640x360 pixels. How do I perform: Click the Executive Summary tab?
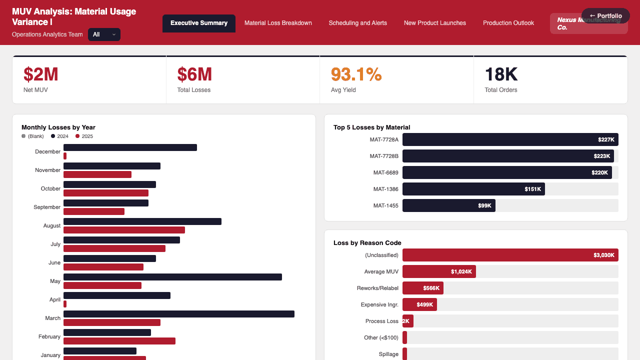(x=198, y=23)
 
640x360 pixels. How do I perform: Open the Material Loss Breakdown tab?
(x=278, y=23)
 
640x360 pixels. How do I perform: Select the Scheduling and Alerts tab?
(x=357, y=23)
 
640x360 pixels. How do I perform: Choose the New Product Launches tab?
(x=434, y=23)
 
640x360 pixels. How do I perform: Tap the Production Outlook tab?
(x=508, y=23)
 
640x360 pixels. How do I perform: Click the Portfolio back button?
(x=605, y=16)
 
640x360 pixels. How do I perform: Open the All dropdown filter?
(x=104, y=34)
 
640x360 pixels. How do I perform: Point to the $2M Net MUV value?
(x=41, y=74)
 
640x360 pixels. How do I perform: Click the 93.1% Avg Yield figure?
(x=356, y=74)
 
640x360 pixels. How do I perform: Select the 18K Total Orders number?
(x=501, y=74)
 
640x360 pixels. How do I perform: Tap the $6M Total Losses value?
(x=194, y=74)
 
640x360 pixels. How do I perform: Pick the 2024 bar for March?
(x=178, y=314)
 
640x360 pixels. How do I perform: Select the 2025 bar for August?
(x=124, y=230)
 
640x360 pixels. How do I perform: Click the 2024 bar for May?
(x=172, y=277)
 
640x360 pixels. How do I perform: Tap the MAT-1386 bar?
(x=473, y=189)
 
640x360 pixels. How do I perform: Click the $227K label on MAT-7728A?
(x=606, y=139)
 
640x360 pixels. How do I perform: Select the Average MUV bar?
(x=438, y=271)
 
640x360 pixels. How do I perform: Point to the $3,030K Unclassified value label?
(x=603, y=255)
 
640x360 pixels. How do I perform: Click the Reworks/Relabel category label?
(x=377, y=288)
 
